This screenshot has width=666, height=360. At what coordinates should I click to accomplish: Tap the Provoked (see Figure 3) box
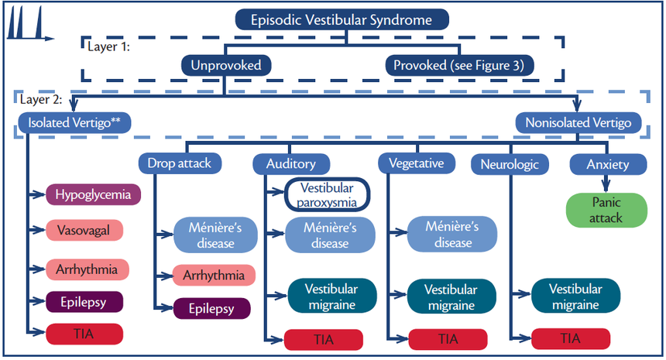[x=459, y=66]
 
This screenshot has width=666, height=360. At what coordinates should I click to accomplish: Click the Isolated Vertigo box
[x=75, y=122]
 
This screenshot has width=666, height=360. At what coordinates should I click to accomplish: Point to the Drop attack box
[x=179, y=163]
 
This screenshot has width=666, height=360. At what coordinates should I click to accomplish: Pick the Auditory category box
[x=290, y=163]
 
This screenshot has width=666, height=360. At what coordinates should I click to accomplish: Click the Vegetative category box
[x=417, y=163]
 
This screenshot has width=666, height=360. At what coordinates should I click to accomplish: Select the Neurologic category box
[x=510, y=163]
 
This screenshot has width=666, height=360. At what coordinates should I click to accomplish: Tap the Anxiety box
[x=608, y=163]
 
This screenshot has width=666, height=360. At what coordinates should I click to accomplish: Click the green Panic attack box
[x=606, y=210]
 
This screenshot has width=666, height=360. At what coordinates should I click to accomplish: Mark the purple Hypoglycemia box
[x=93, y=195]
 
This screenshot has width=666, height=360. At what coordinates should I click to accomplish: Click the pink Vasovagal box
[x=86, y=230]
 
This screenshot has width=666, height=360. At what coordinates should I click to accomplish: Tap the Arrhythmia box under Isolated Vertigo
[x=86, y=269]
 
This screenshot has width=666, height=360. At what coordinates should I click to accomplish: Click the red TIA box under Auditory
[x=324, y=338]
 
